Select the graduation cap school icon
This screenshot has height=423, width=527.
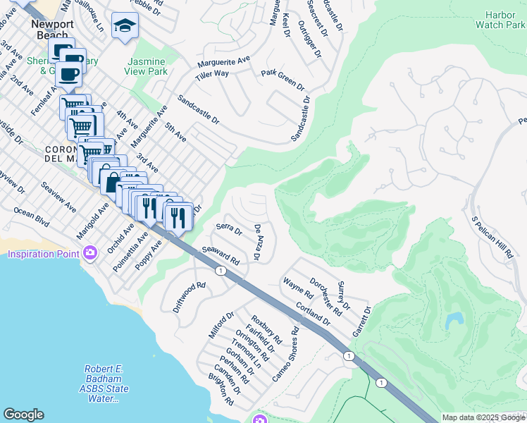tap(125, 27)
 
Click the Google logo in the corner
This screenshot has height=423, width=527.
tap(23, 415)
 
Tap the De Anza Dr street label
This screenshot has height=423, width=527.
tap(258, 242)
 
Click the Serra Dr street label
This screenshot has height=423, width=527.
tap(229, 230)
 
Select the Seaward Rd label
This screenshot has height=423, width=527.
tap(221, 255)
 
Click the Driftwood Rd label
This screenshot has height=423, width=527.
tap(188, 298)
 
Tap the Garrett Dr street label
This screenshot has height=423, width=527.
tap(361, 321)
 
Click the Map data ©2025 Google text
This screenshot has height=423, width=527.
tap(483, 417)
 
